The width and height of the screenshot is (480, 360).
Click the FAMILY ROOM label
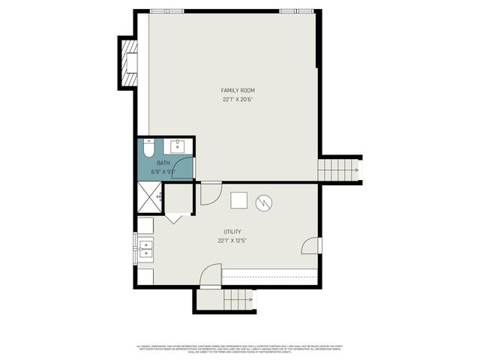238,90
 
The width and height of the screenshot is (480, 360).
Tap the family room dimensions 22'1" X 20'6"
238,99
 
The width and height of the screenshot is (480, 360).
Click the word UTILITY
232,232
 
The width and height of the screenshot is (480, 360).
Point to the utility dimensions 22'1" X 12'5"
232,241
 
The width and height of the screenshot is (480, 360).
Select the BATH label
163,163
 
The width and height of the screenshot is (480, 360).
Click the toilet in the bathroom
148,148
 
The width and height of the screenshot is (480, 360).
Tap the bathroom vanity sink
179,145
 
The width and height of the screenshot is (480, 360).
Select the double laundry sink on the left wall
145,250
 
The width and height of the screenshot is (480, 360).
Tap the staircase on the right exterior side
340,170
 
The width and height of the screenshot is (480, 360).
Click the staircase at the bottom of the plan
239,300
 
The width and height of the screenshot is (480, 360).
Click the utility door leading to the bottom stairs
211,276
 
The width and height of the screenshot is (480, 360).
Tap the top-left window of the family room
166,11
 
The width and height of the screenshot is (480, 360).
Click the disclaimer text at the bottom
239,348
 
